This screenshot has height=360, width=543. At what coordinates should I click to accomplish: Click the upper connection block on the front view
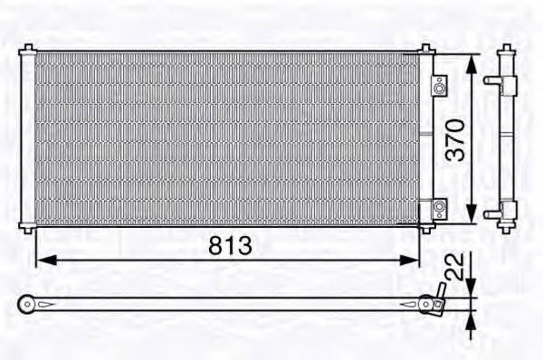438,87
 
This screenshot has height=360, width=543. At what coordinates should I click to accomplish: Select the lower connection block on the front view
438,208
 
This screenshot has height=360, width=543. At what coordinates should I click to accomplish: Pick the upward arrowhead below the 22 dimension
472,317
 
